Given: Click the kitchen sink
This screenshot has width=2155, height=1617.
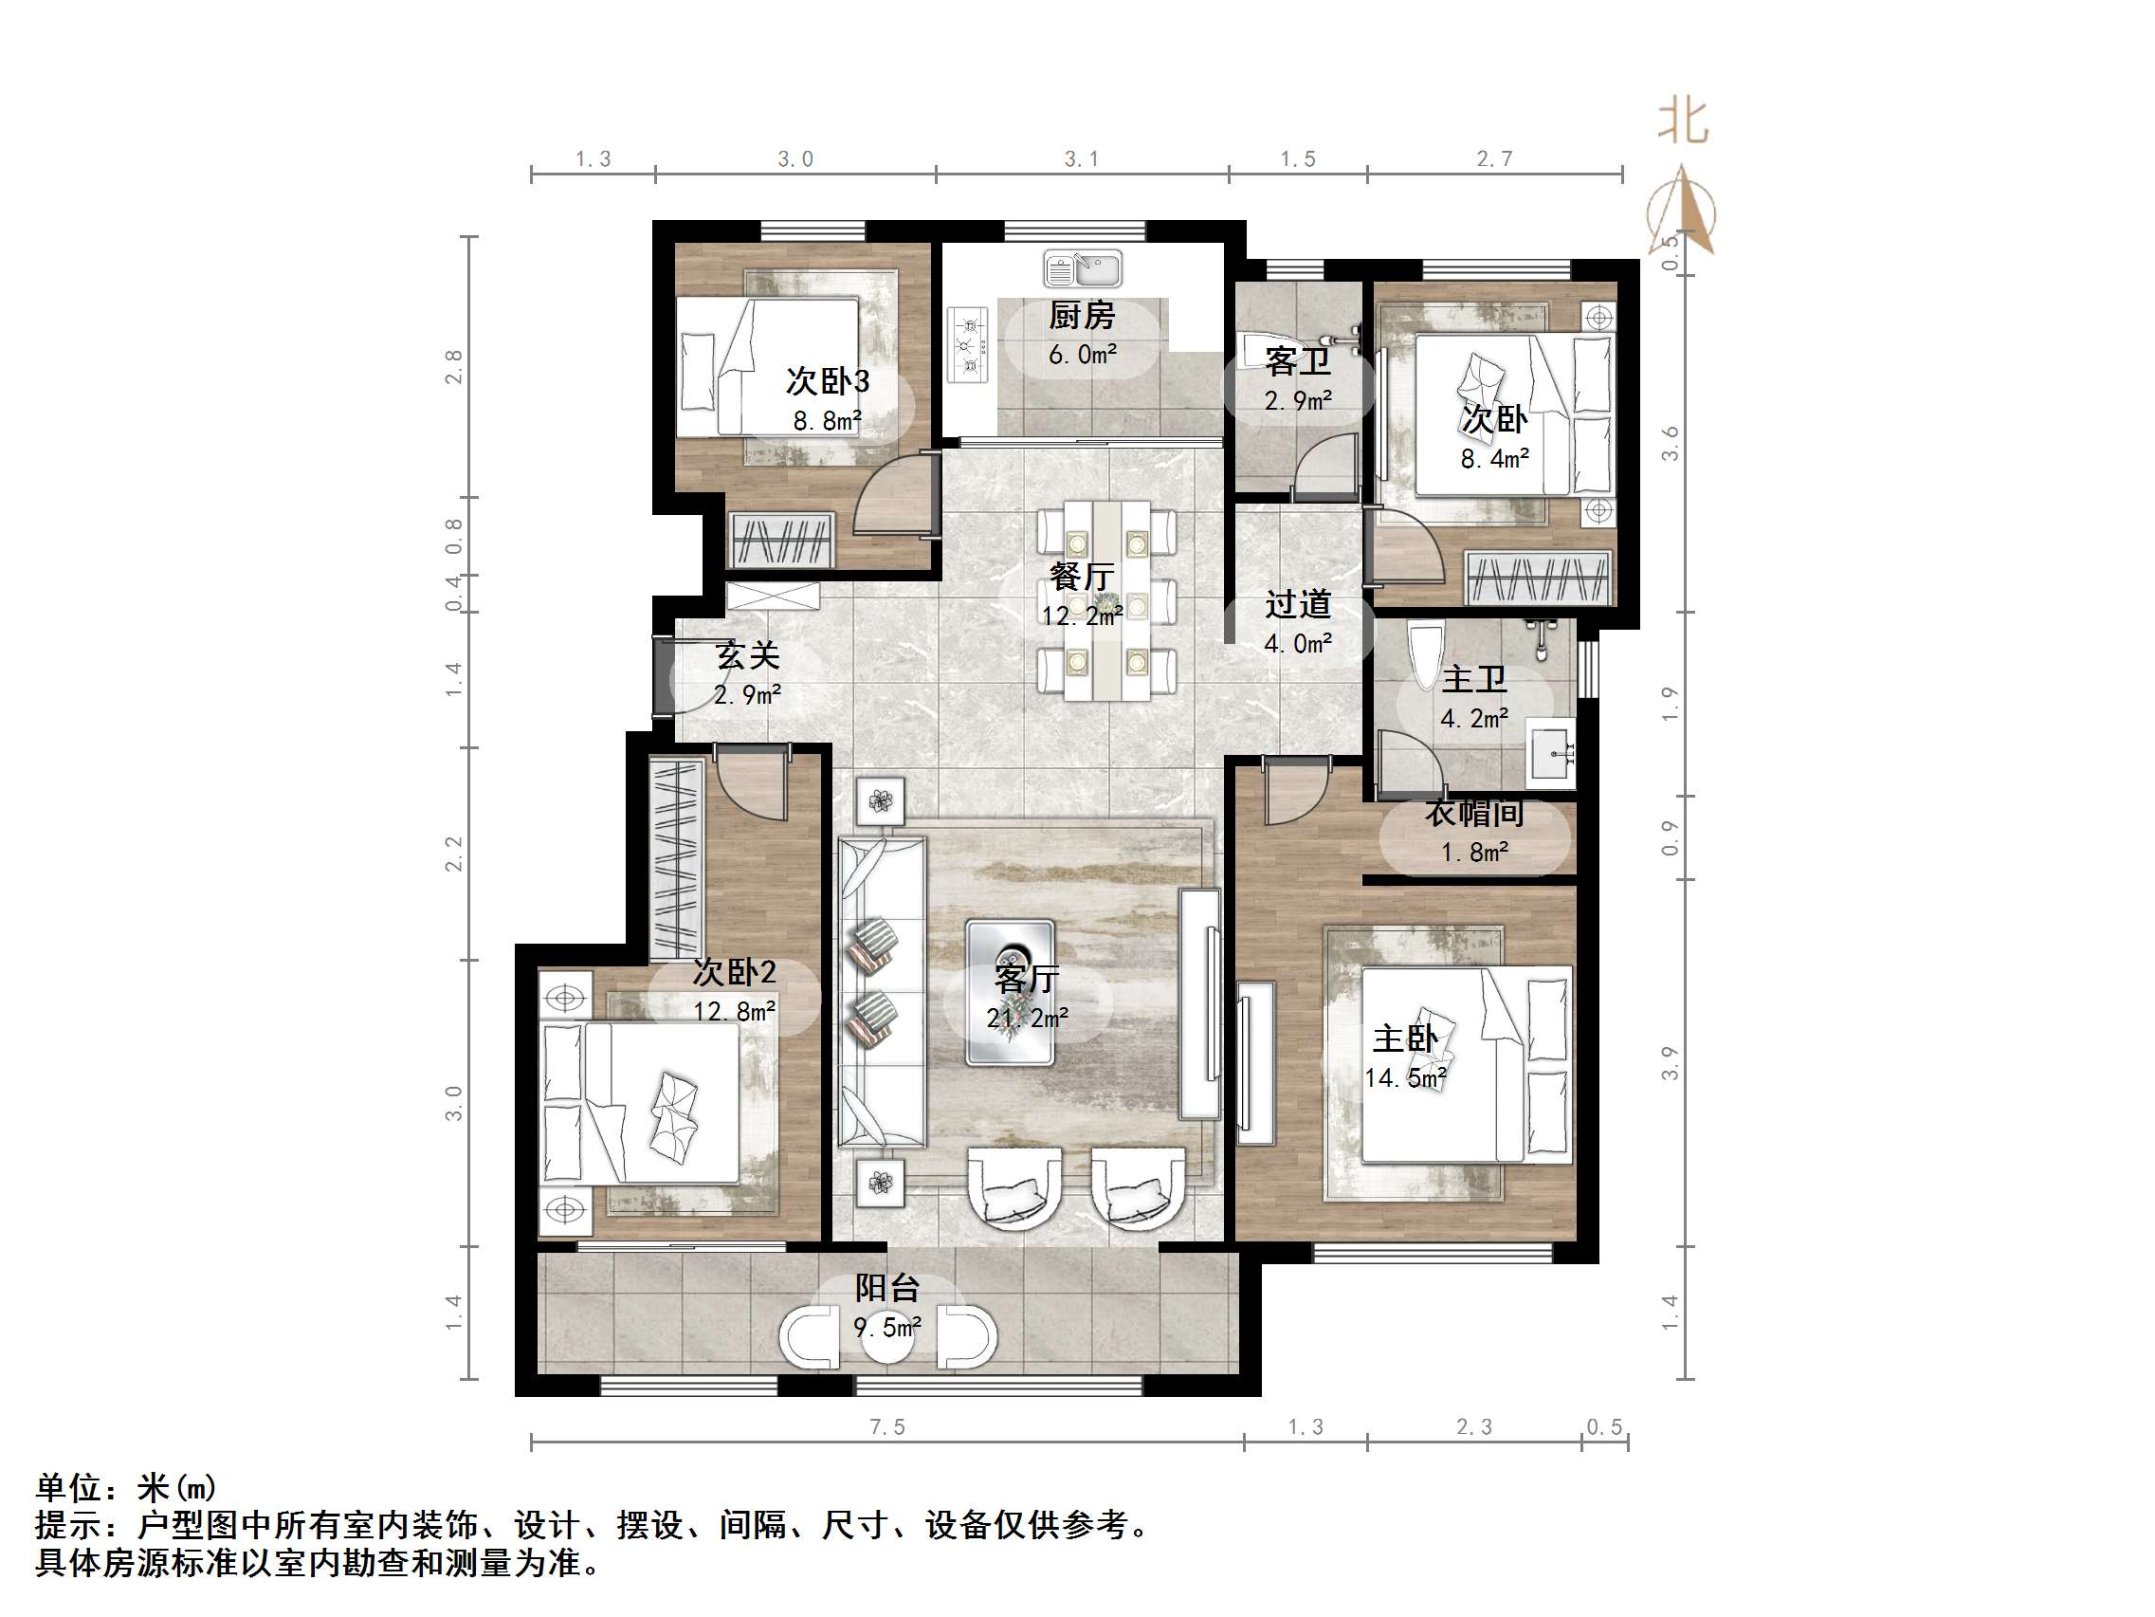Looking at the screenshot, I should [1083, 268].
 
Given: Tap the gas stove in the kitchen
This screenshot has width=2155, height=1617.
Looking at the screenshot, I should [968, 346].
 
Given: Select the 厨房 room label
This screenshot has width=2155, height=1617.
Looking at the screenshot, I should [1082, 316].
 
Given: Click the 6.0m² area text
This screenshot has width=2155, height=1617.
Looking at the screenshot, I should [1082, 355].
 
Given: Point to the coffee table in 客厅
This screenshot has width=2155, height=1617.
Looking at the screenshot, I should [1010, 992].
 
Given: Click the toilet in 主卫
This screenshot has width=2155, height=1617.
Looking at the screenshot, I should [1424, 652].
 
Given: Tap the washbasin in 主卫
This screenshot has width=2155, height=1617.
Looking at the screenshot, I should [1549, 752].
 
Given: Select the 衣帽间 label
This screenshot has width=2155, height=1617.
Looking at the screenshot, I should [1474, 813].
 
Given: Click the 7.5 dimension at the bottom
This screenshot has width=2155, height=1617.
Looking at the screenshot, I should [886, 1427].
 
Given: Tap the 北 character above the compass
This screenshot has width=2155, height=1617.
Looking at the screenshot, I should [1683, 122].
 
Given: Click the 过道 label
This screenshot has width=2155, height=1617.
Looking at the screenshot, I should [1298, 604].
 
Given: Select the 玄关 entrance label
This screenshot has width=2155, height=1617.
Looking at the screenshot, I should [747, 655].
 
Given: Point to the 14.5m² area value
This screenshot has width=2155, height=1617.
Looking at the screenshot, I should [1405, 1078].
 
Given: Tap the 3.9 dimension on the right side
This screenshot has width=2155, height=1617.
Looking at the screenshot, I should [1670, 1062].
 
